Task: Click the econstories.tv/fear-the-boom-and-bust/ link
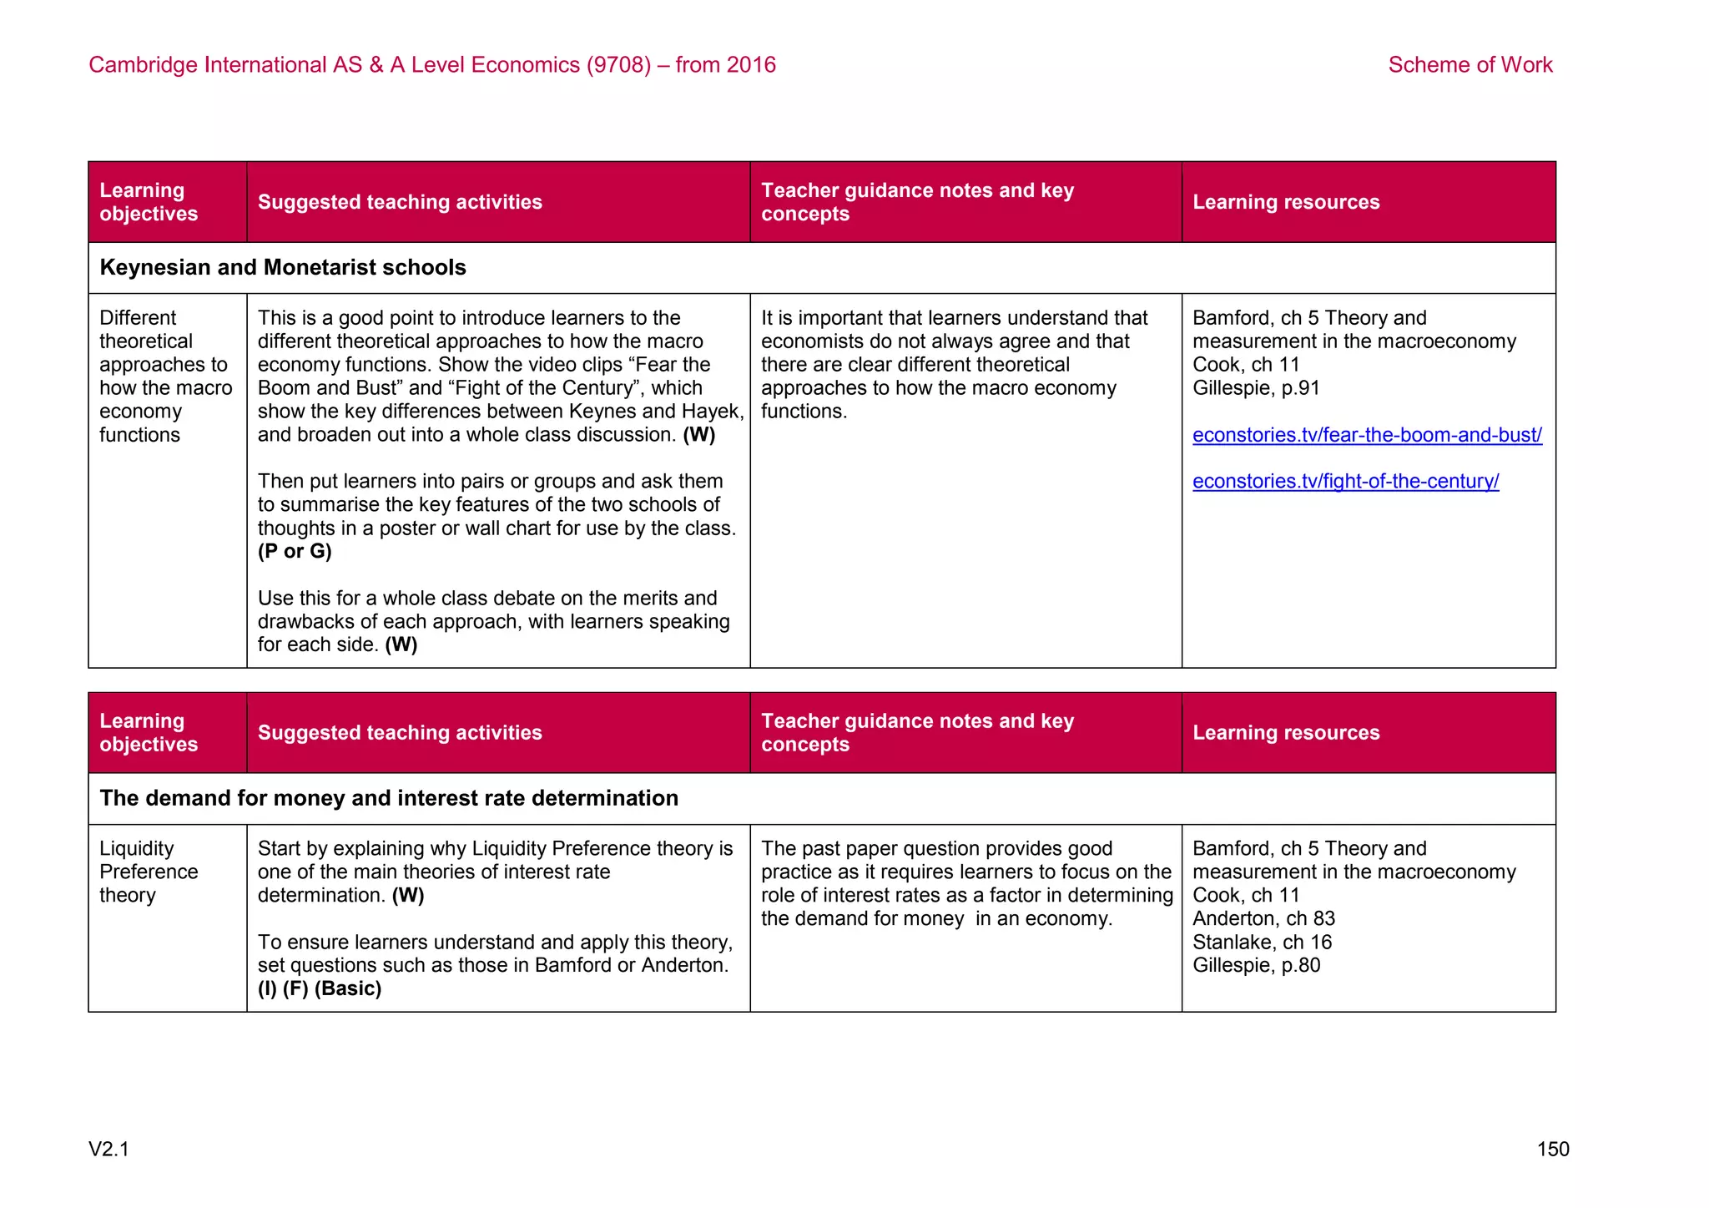(x=1366, y=435)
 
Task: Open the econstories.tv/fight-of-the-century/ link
(x=1345, y=482)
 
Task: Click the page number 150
(x=1552, y=1150)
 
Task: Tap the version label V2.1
(x=108, y=1150)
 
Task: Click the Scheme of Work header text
(x=1470, y=65)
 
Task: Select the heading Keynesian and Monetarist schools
(x=282, y=268)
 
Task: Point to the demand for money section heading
(x=388, y=798)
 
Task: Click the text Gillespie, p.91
(x=1256, y=388)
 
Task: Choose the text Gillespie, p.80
(x=1256, y=966)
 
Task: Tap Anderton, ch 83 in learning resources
(x=1263, y=919)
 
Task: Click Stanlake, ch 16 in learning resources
(x=1262, y=943)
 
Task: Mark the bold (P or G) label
(x=295, y=552)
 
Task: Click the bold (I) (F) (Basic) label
(x=319, y=989)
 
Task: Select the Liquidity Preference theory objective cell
(x=148, y=872)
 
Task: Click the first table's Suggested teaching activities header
(x=400, y=202)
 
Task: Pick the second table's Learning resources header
(x=1285, y=733)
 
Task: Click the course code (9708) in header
(x=618, y=65)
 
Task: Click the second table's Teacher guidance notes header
(x=916, y=732)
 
